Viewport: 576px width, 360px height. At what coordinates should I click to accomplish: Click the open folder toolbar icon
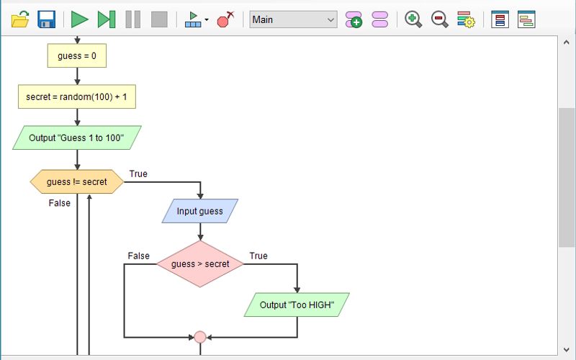[x=20, y=19]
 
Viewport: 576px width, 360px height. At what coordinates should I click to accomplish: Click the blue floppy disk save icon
[x=47, y=19]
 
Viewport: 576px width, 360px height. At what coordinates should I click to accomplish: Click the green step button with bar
[x=107, y=19]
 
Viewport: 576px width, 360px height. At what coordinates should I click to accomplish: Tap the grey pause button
[x=133, y=19]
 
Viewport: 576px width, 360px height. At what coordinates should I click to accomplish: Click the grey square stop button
[x=159, y=19]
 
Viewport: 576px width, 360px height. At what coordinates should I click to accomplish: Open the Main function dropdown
[x=293, y=19]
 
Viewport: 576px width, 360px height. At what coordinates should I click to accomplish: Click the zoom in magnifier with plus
[x=413, y=19]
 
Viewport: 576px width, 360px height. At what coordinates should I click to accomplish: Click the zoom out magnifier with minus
[x=439, y=19]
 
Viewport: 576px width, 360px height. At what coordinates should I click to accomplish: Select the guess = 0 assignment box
[x=77, y=56]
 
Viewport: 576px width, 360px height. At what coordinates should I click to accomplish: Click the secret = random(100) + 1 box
[x=77, y=96]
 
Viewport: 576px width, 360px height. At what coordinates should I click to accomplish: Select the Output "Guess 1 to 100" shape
[x=77, y=138]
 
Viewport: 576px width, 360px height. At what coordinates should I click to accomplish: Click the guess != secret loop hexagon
[x=77, y=182]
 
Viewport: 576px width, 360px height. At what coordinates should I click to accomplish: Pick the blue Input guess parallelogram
[x=200, y=211]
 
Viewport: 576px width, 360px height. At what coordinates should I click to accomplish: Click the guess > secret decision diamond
[x=200, y=264]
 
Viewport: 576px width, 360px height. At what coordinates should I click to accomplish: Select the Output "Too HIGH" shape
[x=297, y=305]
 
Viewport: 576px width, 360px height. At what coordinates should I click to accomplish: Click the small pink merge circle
[x=200, y=337]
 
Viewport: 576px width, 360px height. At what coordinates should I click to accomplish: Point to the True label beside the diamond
[x=258, y=256]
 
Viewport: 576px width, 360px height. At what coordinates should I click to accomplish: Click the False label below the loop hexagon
[x=60, y=203]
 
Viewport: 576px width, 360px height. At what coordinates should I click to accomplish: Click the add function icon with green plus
[x=354, y=19]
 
